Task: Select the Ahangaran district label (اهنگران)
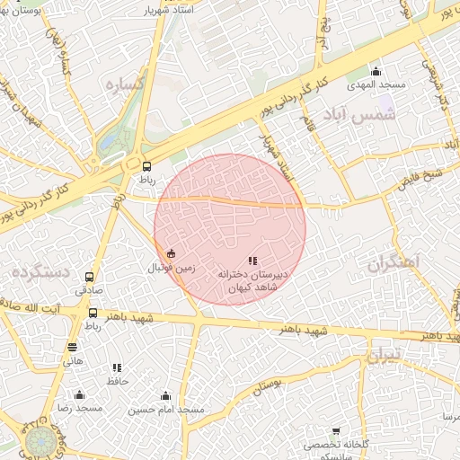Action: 394,262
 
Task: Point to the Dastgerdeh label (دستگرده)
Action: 41,270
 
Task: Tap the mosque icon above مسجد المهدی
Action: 376,72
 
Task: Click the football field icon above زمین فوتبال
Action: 172,253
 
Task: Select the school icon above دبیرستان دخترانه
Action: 252,261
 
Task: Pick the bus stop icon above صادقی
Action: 89,278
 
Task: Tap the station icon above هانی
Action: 72,348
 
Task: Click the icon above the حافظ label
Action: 118,367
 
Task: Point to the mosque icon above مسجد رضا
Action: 79,394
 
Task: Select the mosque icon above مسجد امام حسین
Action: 165,395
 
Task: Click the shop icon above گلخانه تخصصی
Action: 337,432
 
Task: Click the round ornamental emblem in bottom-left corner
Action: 40,441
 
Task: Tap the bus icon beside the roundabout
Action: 146,165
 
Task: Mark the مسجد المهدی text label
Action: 379,84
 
